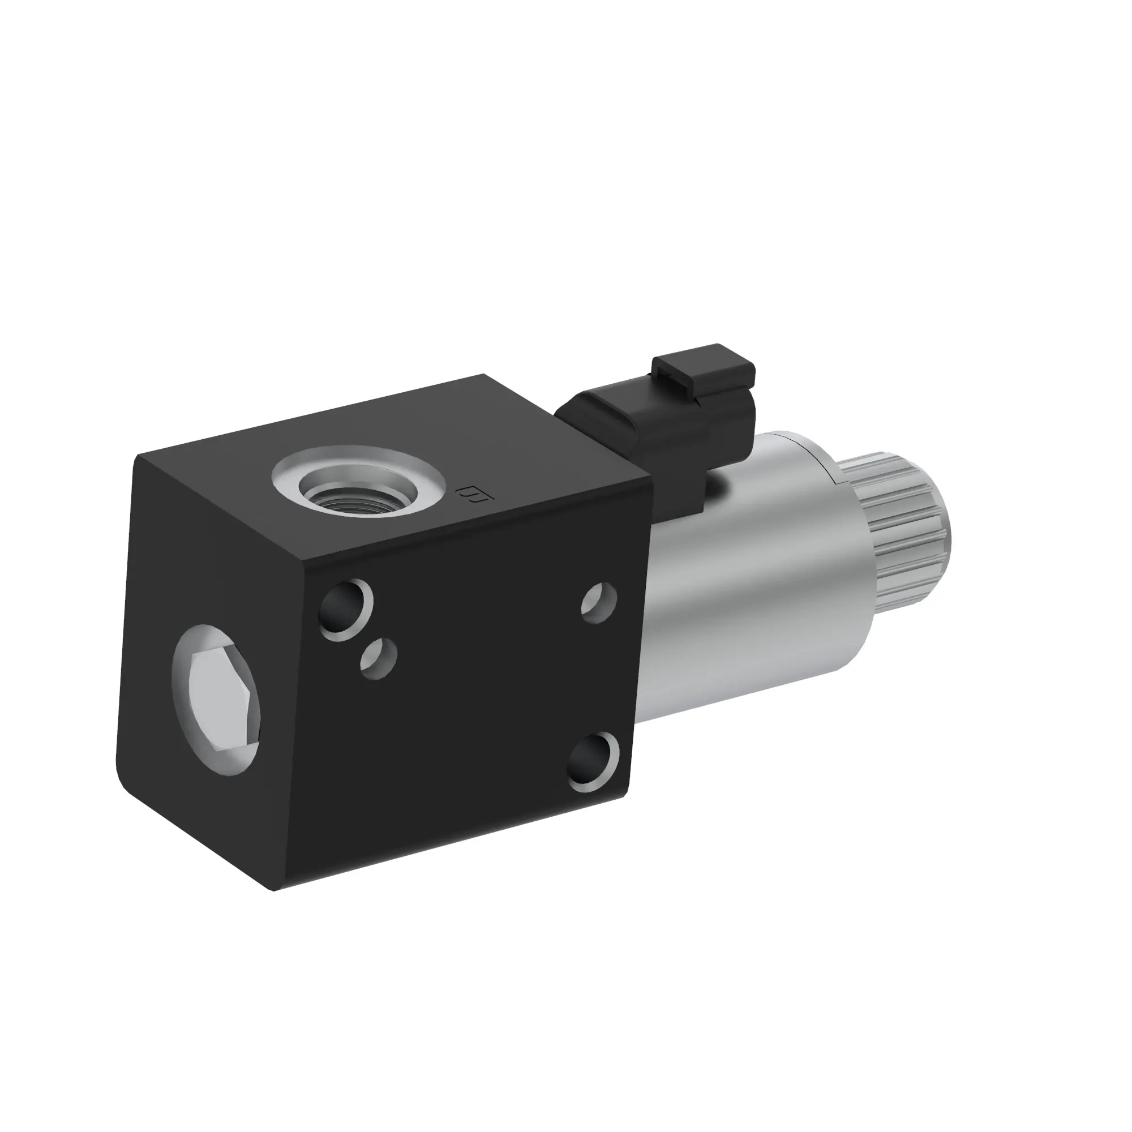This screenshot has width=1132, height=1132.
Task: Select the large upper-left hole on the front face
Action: (346, 610)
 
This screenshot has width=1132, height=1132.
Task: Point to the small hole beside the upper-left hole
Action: (379, 658)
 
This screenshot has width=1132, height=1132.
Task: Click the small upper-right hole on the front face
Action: (599, 603)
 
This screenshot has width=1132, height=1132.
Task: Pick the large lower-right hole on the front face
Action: (594, 762)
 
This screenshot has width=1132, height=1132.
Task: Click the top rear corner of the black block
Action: (484, 375)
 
